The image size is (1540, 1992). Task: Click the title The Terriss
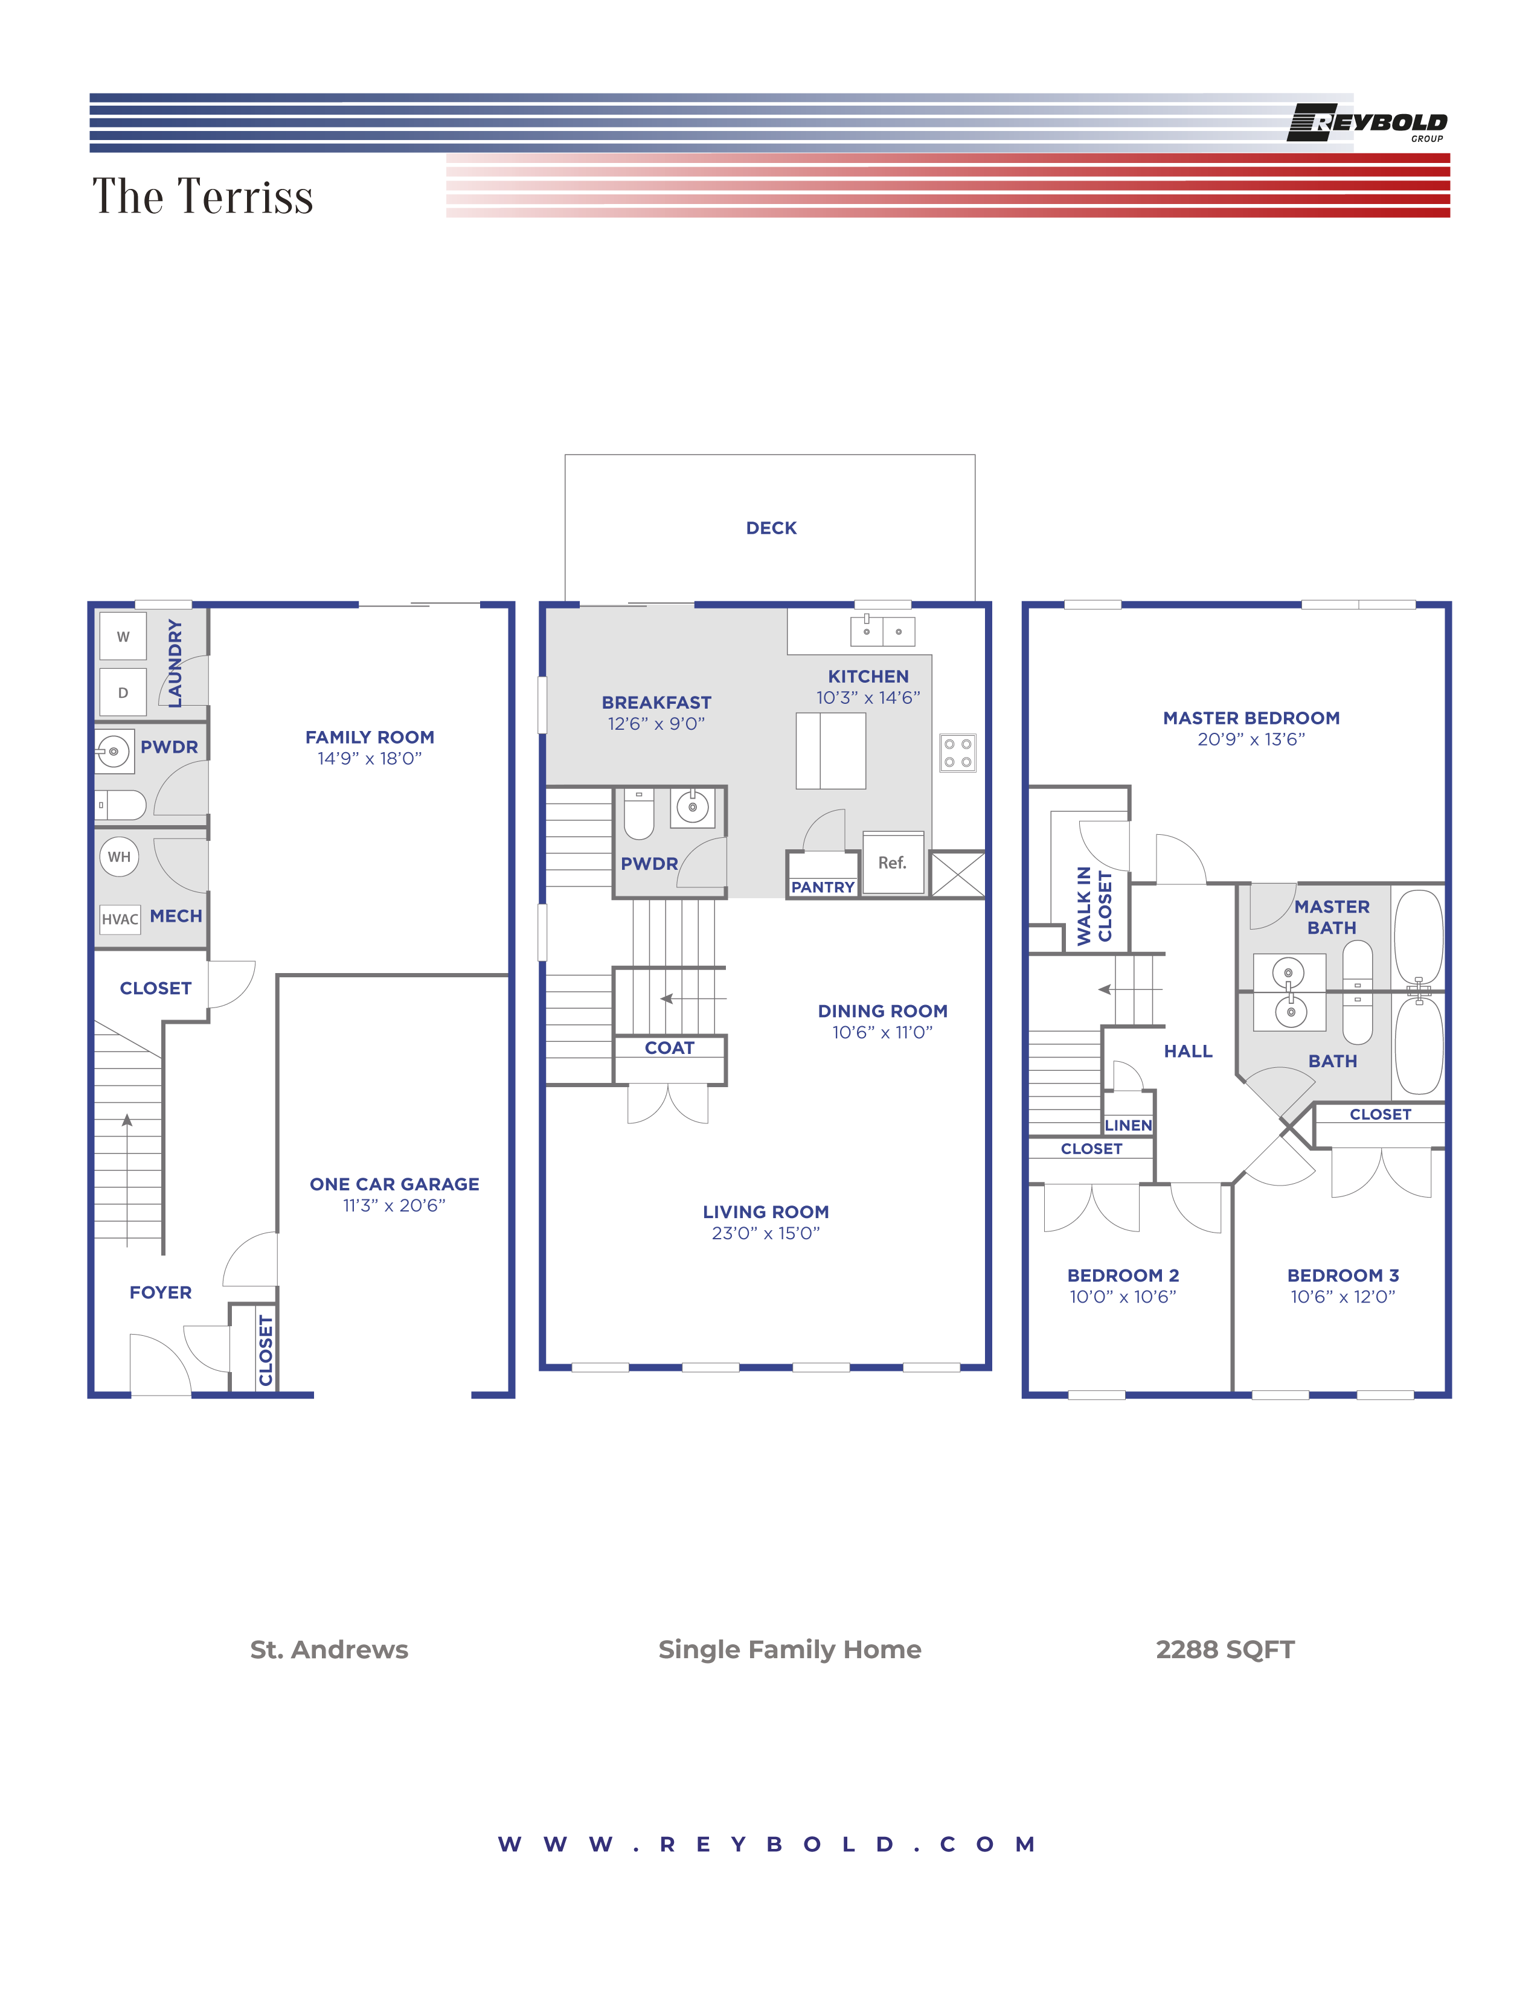coord(202,196)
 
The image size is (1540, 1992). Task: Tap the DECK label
coord(771,528)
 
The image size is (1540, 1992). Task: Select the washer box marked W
coord(123,637)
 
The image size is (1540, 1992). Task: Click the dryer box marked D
coord(123,692)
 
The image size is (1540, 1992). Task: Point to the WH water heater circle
coord(120,857)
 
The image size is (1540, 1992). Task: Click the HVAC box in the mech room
coord(120,919)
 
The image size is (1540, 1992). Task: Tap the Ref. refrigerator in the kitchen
coord(892,863)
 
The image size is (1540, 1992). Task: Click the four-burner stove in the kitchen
coord(957,753)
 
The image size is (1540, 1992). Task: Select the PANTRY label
coord(822,887)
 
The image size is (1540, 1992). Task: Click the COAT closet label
coord(670,1048)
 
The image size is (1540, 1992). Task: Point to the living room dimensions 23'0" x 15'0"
coord(765,1233)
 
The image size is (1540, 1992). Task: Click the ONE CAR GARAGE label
coord(394,1184)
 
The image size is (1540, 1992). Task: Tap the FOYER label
coord(161,1292)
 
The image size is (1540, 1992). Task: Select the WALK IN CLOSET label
coord(1094,905)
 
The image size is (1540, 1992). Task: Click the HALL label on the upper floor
coord(1188,1051)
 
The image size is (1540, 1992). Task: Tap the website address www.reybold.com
coord(767,1844)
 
